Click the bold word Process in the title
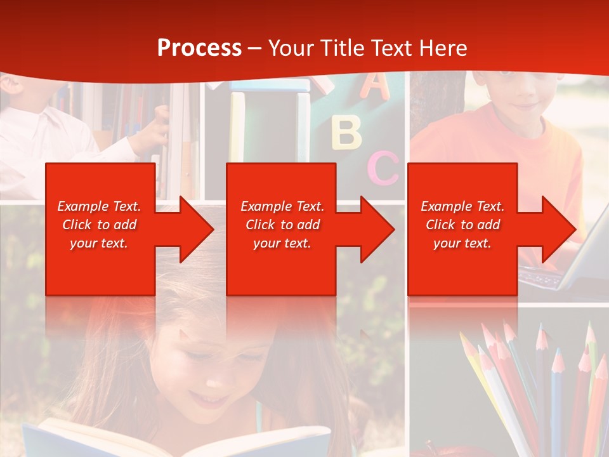(x=199, y=48)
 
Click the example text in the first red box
(x=100, y=225)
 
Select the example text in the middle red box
(x=282, y=225)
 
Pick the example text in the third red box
(x=462, y=225)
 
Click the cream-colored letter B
(x=346, y=132)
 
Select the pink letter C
(x=383, y=168)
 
